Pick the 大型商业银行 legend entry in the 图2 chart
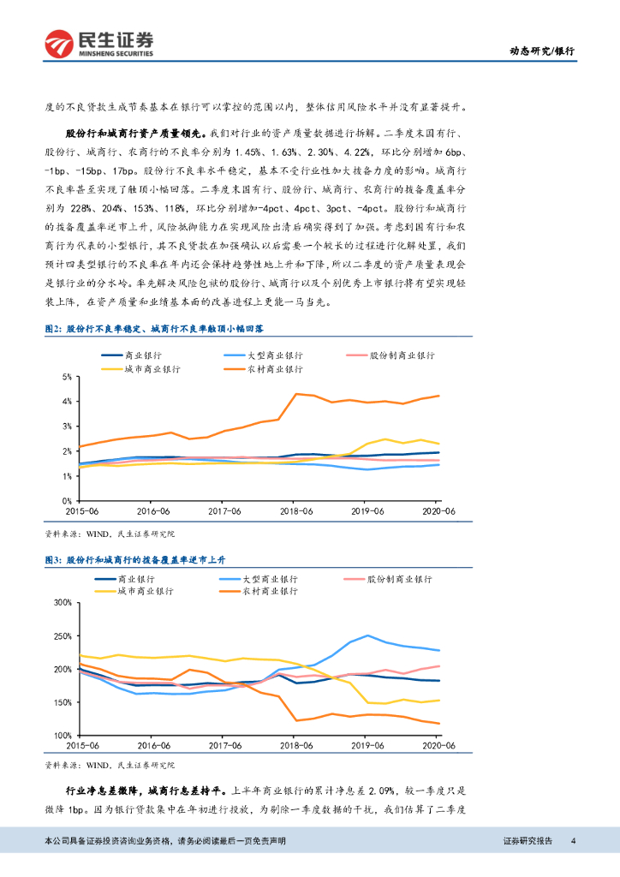[255, 355]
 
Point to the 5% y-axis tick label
[65, 377]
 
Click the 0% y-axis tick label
[65, 500]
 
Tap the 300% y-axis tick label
[61, 602]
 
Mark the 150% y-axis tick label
[61, 702]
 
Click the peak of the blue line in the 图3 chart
[367, 635]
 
